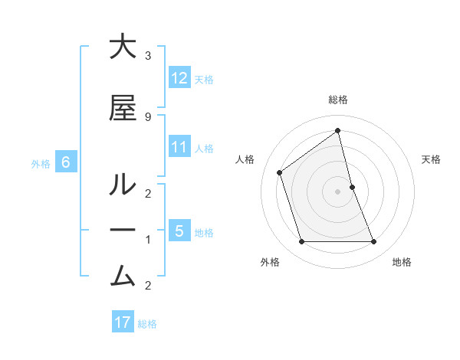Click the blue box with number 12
pos(179,78)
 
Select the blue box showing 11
pos(179,147)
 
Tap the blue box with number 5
pos(179,231)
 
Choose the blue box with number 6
pos(66,162)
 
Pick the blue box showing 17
pos(123,322)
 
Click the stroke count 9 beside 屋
pos(148,116)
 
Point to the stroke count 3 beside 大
pos(148,56)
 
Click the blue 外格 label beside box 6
pos(41,163)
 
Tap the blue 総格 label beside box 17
pos(147,323)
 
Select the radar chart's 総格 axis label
pos(338,100)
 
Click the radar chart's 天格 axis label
pos(432,159)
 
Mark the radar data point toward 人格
pos(280,172)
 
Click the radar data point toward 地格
pos(374,242)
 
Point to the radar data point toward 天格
pos(352,187)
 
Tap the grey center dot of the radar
pos(338,191)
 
